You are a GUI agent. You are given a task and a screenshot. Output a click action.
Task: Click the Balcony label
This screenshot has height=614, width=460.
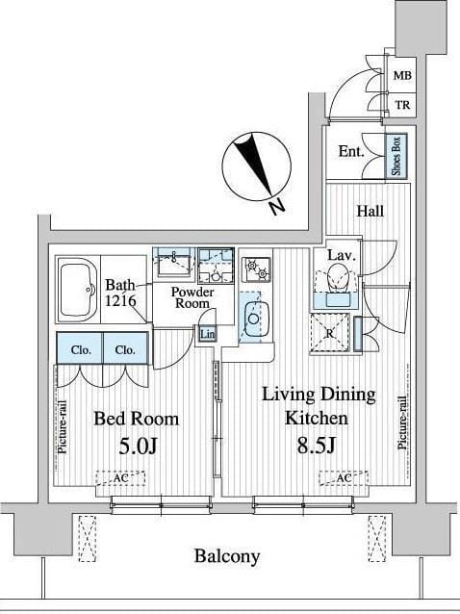coord(227,556)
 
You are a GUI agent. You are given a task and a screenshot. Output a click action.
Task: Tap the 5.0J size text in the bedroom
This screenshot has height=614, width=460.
coord(138,446)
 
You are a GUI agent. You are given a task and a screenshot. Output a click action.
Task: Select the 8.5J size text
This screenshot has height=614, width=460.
coord(316,445)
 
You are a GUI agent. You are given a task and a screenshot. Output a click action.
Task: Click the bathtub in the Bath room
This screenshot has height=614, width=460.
coord(78,289)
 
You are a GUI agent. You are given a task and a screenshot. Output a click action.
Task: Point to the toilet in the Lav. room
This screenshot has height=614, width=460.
coord(337,277)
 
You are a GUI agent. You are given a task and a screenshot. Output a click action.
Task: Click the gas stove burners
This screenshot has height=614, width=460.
coord(257,269)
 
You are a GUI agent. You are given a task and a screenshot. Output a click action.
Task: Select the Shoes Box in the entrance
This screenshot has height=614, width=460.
coord(396,156)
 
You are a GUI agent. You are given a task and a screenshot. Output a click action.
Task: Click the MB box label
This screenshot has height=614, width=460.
coord(402,75)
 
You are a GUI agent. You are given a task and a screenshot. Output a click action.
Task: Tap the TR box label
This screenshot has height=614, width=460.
coord(402,105)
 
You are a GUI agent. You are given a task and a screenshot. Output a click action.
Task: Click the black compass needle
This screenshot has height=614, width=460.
coord(253,165)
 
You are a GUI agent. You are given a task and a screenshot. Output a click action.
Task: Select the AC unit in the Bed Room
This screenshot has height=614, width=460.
coord(120,478)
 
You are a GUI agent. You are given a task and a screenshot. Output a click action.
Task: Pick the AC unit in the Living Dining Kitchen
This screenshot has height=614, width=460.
coord(344,478)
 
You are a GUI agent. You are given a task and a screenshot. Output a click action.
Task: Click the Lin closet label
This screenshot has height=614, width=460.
coord(207,334)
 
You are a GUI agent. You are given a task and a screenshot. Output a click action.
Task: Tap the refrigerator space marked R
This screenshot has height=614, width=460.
coord(330,334)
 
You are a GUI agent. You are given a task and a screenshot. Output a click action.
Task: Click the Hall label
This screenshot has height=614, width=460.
coord(370,211)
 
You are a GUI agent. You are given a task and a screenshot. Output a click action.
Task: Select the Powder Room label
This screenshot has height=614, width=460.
coord(192,297)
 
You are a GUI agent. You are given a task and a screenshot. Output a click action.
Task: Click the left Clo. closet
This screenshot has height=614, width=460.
coord(80,348)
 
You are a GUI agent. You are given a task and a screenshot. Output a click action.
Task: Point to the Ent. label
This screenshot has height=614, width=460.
coord(351,151)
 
